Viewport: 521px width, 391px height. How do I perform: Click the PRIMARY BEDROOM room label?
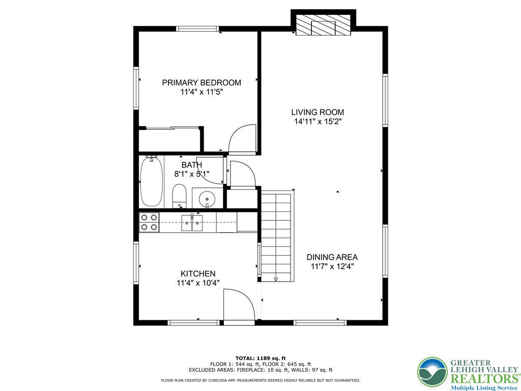[201, 82]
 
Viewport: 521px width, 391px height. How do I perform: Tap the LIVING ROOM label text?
[317, 112]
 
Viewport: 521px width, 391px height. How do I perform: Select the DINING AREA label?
[332, 257]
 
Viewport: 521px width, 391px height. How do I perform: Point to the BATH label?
[192, 165]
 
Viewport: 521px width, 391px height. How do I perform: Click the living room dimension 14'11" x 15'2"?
[317, 122]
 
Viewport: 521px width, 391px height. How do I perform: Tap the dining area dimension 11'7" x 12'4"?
[332, 266]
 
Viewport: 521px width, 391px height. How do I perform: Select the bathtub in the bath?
[151, 182]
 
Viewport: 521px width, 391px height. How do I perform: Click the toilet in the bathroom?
[179, 197]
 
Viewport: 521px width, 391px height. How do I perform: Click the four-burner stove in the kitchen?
[149, 222]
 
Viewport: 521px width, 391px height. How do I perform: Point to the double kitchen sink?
[192, 222]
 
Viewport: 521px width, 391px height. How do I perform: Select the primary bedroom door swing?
[242, 138]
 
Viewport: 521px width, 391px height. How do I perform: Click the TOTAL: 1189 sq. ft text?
[260, 358]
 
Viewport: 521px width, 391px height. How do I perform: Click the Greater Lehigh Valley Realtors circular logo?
[432, 372]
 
